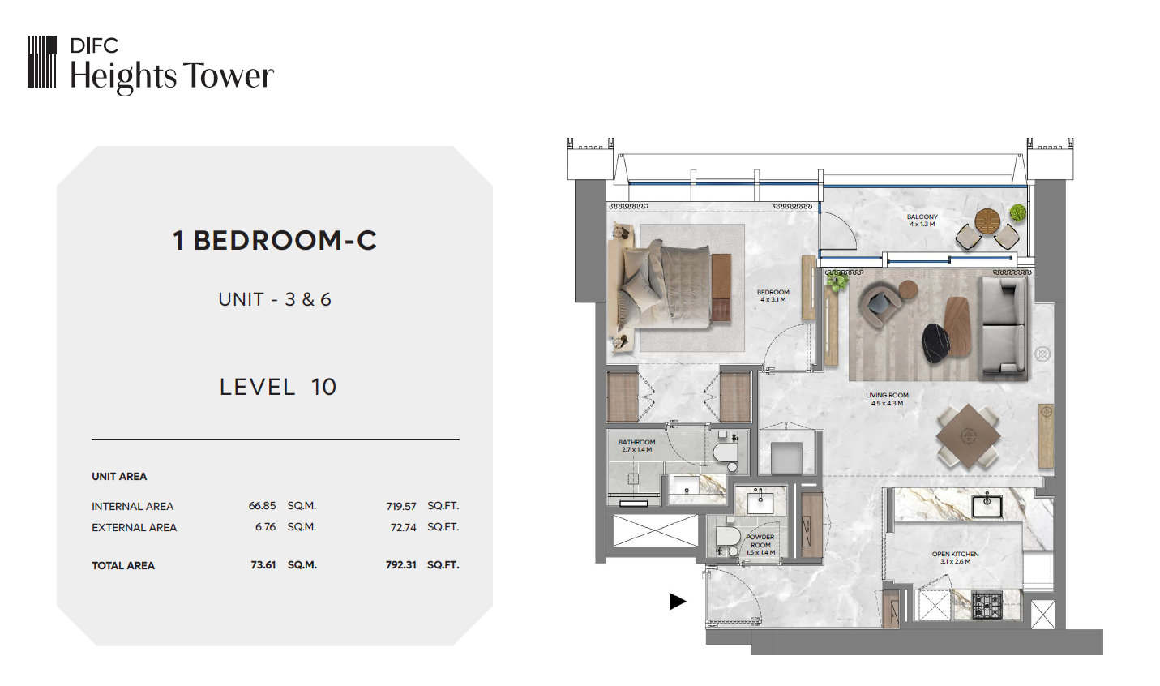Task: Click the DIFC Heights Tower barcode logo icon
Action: [42, 62]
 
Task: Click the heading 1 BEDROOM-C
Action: [275, 240]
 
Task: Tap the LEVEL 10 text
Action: [278, 387]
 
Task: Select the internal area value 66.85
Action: [262, 506]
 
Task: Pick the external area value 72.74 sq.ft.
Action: [404, 527]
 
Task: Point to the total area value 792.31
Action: [400, 564]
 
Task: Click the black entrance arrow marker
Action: [678, 602]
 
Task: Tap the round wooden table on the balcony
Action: [987, 221]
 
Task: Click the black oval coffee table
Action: [935, 342]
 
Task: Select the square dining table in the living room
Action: [968, 436]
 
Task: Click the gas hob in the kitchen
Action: [987, 605]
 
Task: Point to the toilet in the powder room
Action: [726, 539]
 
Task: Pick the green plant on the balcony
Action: [1017, 212]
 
